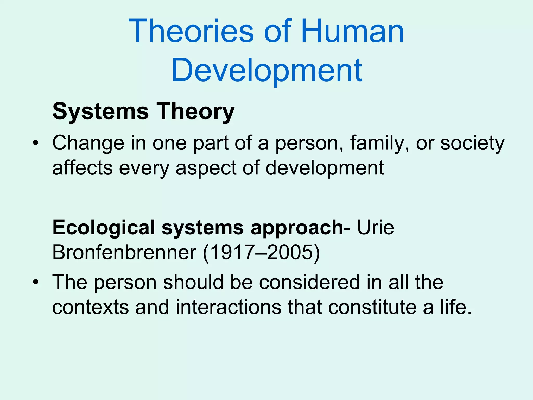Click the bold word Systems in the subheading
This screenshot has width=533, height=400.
pyautogui.click(x=100, y=111)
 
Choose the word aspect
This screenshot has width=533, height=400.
pyautogui.click(x=206, y=168)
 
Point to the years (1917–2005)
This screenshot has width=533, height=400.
pyautogui.click(x=261, y=252)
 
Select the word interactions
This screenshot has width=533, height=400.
pyautogui.click(x=229, y=307)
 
